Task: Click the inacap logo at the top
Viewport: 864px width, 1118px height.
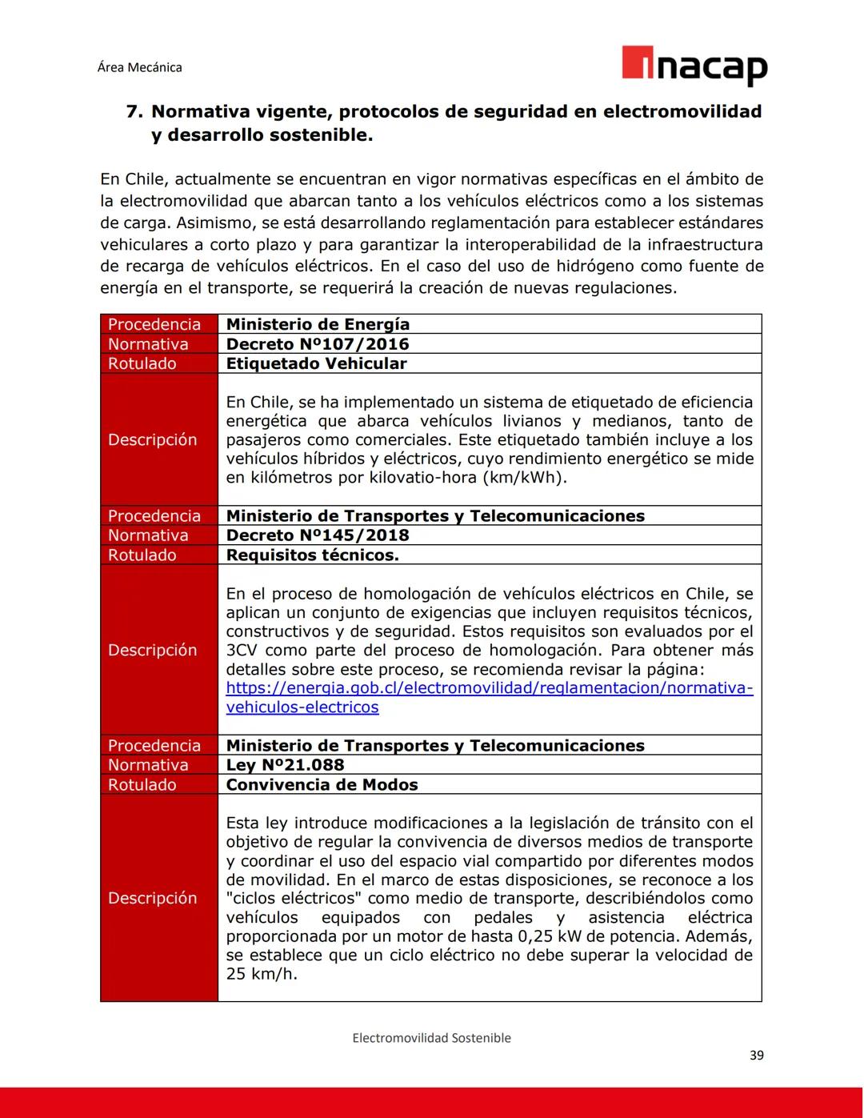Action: tap(694, 66)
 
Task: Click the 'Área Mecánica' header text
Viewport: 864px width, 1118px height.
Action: tap(139, 67)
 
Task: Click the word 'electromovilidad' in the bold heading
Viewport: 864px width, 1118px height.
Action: tap(682, 111)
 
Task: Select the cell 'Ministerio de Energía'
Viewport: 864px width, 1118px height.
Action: tap(318, 324)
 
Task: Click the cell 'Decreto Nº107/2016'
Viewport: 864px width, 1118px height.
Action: tap(317, 344)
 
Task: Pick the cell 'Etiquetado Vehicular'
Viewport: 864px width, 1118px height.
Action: tap(316, 363)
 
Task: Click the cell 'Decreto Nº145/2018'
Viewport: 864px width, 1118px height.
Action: tap(317, 535)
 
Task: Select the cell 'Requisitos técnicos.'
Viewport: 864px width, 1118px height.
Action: tap(312, 555)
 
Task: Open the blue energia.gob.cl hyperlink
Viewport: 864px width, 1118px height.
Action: tap(489, 688)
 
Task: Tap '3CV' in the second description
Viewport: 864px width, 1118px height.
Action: tap(241, 651)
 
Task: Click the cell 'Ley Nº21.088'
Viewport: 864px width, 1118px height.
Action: tap(285, 765)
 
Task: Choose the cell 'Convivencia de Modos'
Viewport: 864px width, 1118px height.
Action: tap(322, 785)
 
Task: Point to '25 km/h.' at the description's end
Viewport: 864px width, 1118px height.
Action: tap(261, 974)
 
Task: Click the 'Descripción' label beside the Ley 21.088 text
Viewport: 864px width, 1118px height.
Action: tap(152, 898)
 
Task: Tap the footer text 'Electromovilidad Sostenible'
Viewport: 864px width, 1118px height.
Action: tap(431, 1038)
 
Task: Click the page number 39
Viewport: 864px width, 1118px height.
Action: tap(756, 1056)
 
